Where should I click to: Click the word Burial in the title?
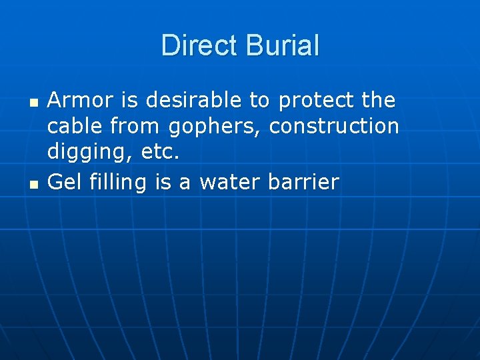(x=283, y=45)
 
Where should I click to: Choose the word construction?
(x=333, y=125)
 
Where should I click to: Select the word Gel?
(x=65, y=181)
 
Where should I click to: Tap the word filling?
(x=118, y=182)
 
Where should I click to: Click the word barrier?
(x=303, y=181)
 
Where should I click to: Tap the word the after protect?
(x=378, y=101)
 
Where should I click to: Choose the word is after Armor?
(x=130, y=101)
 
